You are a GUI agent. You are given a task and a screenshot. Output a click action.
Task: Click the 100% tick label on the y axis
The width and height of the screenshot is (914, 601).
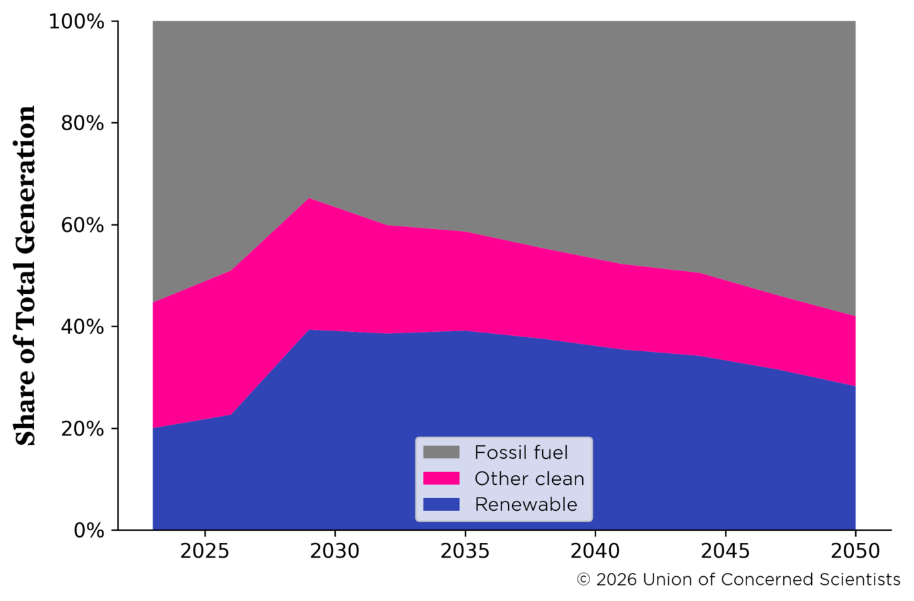pos(77,22)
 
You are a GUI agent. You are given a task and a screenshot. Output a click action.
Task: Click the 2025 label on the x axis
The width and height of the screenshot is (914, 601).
pos(205,552)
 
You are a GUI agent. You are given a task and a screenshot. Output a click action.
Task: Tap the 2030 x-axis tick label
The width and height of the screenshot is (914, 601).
pos(335,552)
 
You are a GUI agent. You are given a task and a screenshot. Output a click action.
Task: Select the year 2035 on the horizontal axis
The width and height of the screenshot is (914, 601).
pos(465,552)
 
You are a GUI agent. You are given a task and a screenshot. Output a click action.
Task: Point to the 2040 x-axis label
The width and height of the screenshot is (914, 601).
pos(595,552)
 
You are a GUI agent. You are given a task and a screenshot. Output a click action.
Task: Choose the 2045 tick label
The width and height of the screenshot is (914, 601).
pos(725,552)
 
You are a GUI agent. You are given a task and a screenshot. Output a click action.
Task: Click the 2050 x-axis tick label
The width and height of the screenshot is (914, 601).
pos(855,552)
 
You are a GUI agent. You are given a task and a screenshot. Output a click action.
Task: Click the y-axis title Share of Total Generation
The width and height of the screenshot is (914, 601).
pos(25,275)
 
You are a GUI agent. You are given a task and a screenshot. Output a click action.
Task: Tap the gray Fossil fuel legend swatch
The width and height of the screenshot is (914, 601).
pos(441,453)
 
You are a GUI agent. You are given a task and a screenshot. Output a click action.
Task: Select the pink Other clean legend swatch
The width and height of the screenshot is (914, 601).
pos(441,479)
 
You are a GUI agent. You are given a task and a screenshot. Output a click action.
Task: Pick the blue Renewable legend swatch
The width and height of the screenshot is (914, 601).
pos(441,505)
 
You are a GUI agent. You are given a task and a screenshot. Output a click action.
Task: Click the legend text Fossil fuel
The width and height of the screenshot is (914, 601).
pos(521,453)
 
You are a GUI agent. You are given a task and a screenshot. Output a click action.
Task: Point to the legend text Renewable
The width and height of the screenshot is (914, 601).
pos(525,505)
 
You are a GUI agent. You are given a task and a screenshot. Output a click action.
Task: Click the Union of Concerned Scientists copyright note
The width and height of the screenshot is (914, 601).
pos(738,580)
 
